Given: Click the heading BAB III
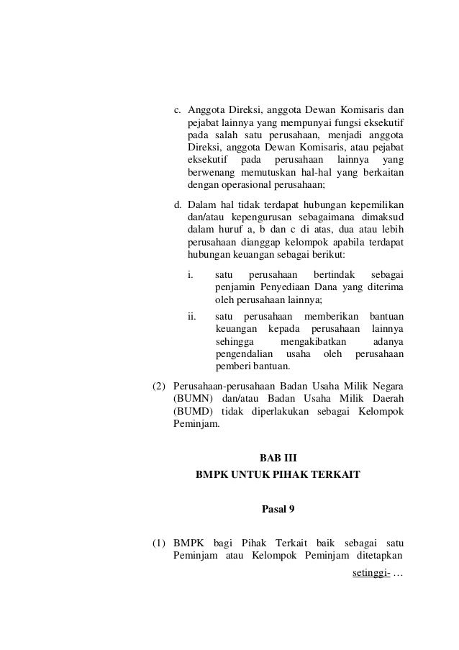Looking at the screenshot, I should [277, 457].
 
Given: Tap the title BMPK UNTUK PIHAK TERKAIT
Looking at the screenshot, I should [277, 476].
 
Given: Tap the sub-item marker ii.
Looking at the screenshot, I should [192, 317].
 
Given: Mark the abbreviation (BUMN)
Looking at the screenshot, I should [193, 398].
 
